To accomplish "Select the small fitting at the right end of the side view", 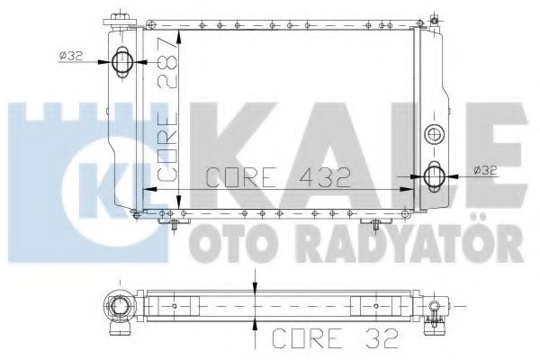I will click(x=435, y=310).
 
